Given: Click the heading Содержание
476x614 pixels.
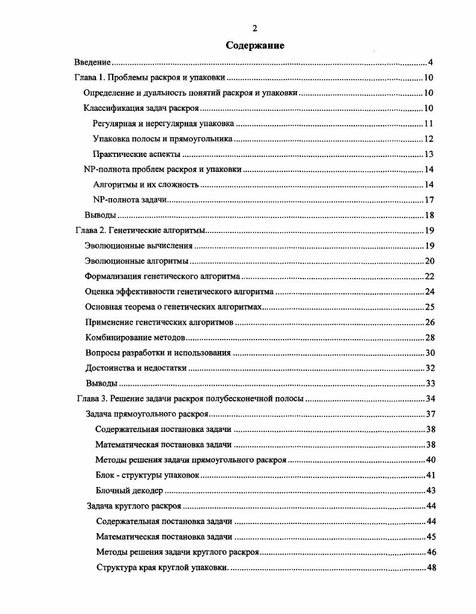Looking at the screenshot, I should (x=255, y=46).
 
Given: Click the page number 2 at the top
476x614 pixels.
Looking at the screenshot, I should (x=255, y=28).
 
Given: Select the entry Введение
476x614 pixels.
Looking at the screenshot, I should (x=93, y=62).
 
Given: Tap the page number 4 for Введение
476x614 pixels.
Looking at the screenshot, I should (x=430, y=62).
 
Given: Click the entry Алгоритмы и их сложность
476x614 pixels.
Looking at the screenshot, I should (x=146, y=184).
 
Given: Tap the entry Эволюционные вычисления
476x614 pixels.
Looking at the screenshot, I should (x=139, y=246).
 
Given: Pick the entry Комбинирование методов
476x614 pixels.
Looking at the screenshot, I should (x=135, y=337).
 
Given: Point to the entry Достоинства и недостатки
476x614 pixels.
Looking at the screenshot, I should (x=136, y=368).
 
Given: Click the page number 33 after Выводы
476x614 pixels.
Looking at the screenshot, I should (x=429, y=383).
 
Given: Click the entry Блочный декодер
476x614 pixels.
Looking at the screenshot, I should (x=129, y=491).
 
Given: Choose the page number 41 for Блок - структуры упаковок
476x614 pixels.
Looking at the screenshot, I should (x=430, y=475).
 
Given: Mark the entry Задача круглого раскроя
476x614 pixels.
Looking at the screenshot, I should (x=134, y=506).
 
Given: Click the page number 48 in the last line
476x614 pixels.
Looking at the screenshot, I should (x=430, y=567).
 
